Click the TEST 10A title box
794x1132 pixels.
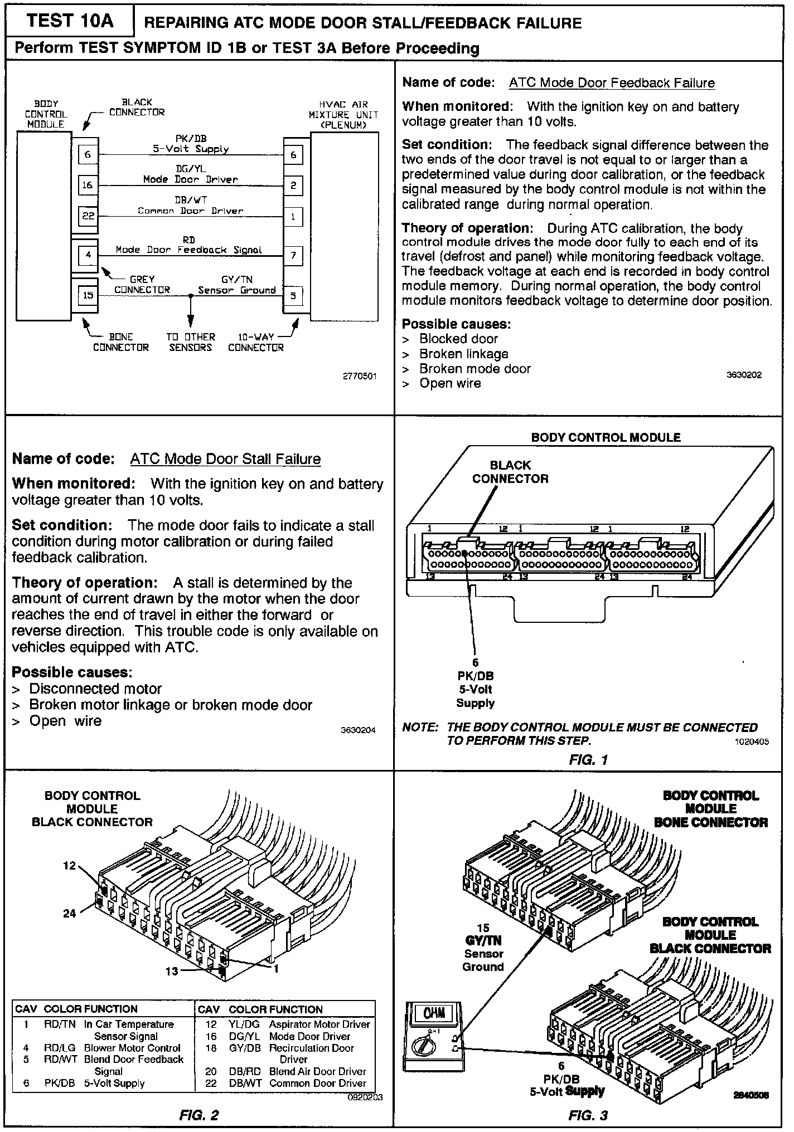[70, 21]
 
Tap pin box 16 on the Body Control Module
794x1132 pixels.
[88, 185]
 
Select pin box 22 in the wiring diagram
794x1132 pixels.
[88, 216]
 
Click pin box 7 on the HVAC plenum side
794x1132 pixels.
[293, 256]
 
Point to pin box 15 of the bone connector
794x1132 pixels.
[88, 295]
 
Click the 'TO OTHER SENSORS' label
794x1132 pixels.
[191, 342]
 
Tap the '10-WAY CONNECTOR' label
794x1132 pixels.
[255, 342]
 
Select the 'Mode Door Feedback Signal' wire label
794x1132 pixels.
[188, 250]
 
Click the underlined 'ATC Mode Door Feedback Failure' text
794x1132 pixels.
[612, 83]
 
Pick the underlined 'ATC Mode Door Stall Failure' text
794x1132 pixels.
[225, 459]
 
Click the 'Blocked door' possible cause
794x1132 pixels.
[458, 339]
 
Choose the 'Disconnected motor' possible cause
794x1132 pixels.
[95, 689]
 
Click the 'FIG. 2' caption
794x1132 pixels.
[199, 1115]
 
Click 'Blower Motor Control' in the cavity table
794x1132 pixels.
[132, 1048]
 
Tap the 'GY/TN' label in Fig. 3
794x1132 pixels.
[483, 940]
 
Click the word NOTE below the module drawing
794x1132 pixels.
[420, 728]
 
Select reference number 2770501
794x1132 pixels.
[360, 376]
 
